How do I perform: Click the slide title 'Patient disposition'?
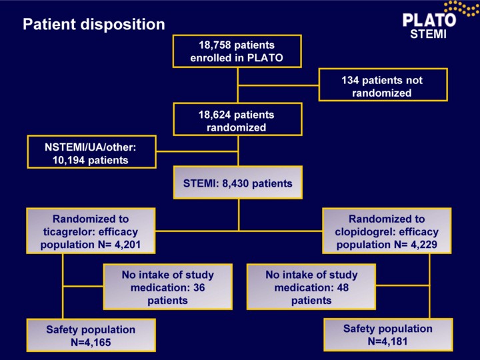tap(94, 25)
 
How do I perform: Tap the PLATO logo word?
tap(429, 20)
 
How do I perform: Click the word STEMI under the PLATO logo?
tap(428, 34)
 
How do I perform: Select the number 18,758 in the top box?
tap(215, 45)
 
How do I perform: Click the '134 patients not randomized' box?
tap(383, 85)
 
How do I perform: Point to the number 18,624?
tap(215, 115)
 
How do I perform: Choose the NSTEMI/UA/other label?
tap(90, 147)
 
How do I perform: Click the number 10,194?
tap(69, 161)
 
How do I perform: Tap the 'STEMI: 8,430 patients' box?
tap(238, 183)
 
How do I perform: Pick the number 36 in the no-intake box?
tap(199, 288)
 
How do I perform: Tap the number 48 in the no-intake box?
tap(343, 288)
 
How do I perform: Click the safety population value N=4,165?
tap(91, 342)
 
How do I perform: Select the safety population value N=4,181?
tap(388, 341)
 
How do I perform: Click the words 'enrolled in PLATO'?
tap(237, 58)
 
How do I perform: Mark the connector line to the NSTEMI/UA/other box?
tap(197, 151)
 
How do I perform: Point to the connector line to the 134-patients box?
tap(279, 85)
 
